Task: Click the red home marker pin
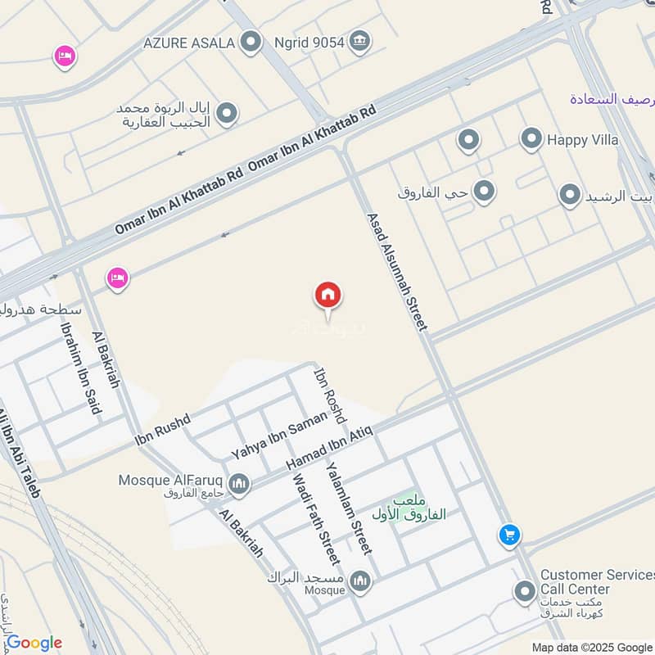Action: [x=328, y=296]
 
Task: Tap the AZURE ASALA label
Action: [x=189, y=41]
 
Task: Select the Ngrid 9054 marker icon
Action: [x=359, y=40]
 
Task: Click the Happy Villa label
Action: [x=583, y=139]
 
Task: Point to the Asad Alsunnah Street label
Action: [x=397, y=272]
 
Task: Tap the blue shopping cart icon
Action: [x=509, y=536]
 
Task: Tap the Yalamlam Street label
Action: [x=350, y=508]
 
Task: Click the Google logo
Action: [x=34, y=643]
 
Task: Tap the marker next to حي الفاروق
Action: [x=485, y=192]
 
